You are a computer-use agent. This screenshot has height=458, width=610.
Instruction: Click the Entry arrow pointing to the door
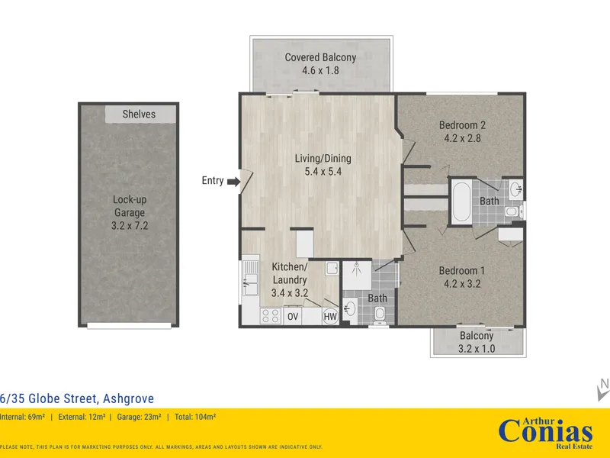pos(234,182)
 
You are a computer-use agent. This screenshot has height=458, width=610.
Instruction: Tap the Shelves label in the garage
pos(139,114)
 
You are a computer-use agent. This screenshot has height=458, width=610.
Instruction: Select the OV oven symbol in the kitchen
pos(293,317)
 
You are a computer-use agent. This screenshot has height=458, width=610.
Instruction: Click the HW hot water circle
pos(330,317)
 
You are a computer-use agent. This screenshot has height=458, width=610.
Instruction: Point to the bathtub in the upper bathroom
pos(462,202)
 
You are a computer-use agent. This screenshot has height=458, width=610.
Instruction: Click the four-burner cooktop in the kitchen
pos(271,316)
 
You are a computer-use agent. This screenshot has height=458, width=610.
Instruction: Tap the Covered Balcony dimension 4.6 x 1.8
pos(320,70)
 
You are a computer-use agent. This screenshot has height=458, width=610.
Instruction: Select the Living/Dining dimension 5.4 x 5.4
pos(323,171)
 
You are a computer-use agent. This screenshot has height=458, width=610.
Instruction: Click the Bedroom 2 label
pos(462,125)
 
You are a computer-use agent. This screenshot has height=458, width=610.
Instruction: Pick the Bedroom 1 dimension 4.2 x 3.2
pos(462,283)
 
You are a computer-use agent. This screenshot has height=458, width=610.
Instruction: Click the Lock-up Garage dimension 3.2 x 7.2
pos(130,225)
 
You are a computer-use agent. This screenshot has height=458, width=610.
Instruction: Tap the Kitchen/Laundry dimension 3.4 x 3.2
pos(290,292)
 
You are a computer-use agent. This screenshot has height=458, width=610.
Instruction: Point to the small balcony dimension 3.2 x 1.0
pos(477,348)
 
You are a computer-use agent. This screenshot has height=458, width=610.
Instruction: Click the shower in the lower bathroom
pos(357,276)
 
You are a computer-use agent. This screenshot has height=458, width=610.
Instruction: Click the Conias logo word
pos(545,432)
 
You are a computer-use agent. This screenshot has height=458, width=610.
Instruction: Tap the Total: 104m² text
pos(195,417)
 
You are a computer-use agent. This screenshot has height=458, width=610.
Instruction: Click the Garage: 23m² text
pos(140,417)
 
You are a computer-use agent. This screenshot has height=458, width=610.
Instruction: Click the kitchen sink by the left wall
pos(250,279)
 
